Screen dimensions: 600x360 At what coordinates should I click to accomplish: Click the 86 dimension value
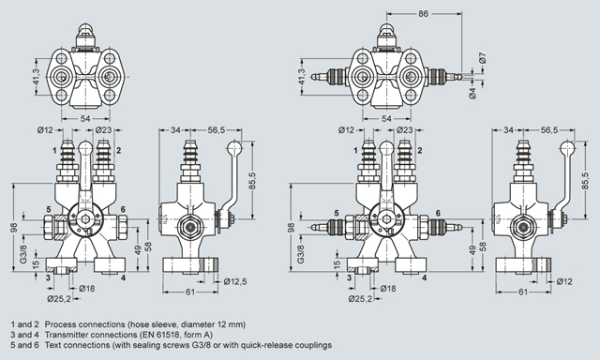coord(423,14)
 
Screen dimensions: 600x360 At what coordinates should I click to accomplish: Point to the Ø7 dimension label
coord(483,58)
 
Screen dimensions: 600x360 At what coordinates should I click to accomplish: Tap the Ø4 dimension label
coord(472,94)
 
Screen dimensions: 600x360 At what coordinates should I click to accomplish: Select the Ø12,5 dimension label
coord(235,282)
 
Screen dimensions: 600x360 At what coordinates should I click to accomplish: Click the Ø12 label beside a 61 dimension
coord(564,282)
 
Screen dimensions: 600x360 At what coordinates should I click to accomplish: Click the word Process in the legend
coord(59,324)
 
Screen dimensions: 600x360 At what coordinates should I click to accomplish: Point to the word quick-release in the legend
coord(270,345)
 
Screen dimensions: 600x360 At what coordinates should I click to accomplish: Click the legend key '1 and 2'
coord(24,324)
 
